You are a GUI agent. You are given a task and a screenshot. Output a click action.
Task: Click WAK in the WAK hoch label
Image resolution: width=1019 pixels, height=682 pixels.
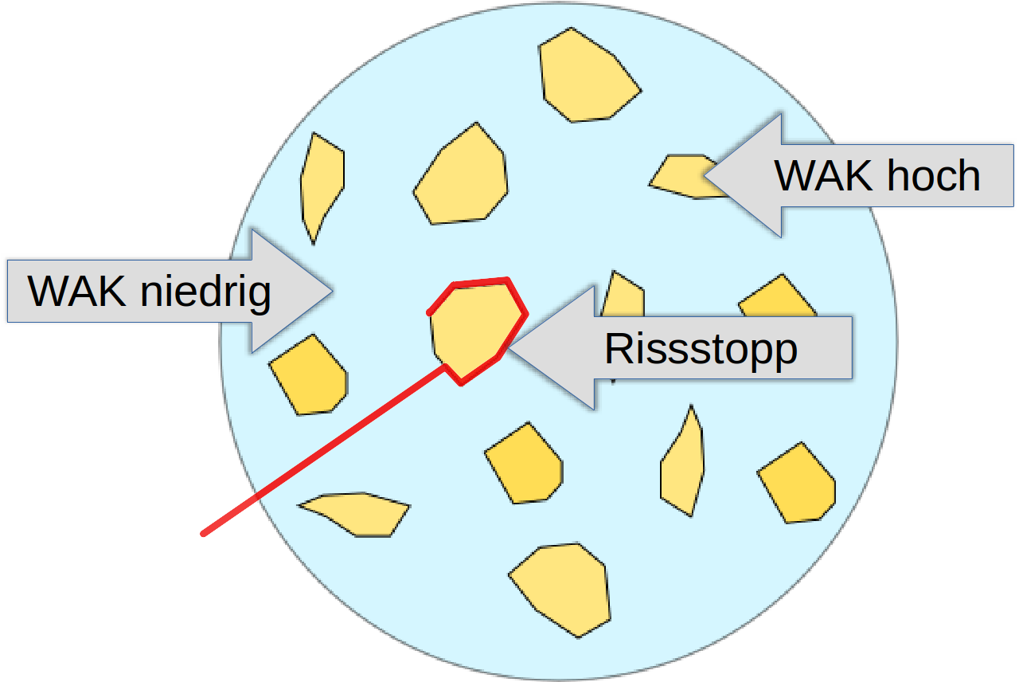[823, 176]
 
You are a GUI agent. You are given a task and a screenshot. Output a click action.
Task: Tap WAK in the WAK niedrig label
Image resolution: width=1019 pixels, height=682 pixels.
[76, 292]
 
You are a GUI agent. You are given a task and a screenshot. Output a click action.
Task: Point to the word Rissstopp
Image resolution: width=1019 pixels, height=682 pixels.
[701, 348]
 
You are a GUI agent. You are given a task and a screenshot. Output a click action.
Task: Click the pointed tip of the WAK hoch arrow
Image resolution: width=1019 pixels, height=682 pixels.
[705, 175]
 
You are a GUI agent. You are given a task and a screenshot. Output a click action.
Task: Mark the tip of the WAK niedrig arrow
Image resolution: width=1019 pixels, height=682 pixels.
[331, 291]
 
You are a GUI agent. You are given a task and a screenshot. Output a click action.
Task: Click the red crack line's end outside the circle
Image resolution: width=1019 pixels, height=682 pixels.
[204, 533]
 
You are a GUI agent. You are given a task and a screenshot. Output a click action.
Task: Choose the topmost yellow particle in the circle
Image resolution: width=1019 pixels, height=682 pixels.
[587, 76]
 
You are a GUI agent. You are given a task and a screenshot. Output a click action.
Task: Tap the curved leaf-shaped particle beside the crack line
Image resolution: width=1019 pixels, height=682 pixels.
[356, 511]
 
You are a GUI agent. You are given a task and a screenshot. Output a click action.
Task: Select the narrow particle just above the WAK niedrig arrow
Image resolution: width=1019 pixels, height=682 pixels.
[322, 185]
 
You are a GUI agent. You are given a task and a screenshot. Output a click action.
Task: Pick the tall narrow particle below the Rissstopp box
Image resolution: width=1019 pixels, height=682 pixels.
[683, 464]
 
